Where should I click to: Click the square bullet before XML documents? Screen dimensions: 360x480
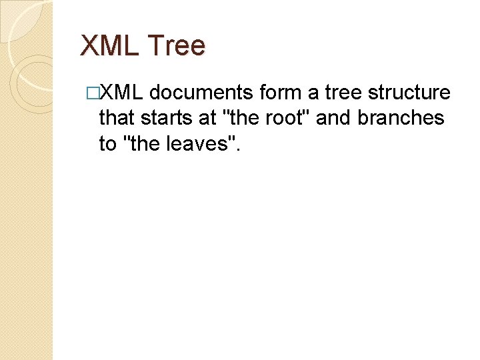tap(93, 93)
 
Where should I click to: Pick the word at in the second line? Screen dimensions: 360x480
tap(209, 118)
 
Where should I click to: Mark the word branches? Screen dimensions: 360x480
tap(401, 118)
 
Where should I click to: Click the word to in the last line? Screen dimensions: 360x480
tap(108, 143)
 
